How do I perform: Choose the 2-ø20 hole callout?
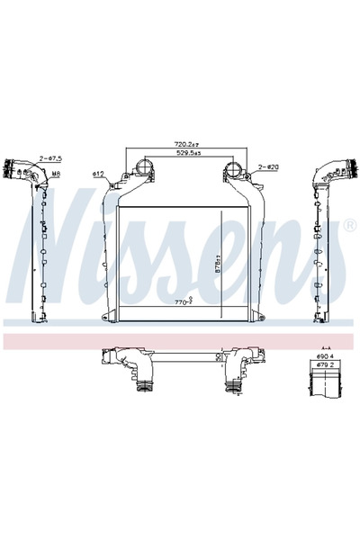coord(270,166)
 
